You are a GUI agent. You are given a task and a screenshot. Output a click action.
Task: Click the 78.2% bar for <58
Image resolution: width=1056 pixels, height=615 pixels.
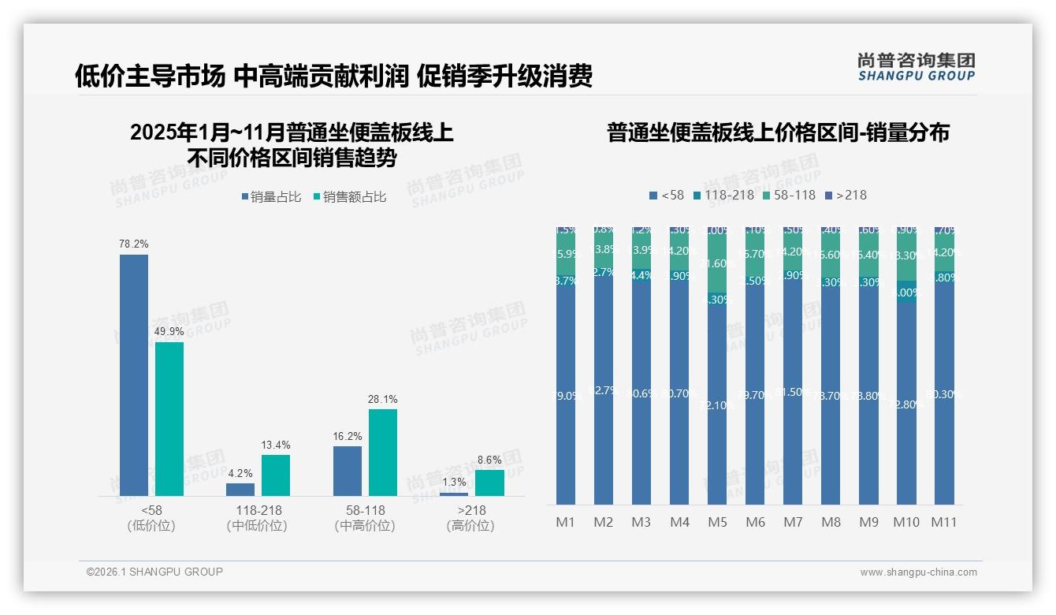coord(134,375)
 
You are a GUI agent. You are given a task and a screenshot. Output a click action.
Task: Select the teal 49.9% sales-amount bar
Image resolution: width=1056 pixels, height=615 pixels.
coord(169,419)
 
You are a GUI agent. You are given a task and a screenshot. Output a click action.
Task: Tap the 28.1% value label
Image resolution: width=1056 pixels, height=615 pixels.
coord(383,400)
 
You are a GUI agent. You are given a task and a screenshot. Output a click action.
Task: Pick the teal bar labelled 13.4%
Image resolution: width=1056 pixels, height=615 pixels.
coord(276,475)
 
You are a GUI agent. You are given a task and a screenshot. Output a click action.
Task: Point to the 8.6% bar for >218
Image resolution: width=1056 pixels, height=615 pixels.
coord(489,483)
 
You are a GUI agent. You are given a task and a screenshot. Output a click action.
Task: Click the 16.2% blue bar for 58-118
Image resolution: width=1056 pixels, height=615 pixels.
coord(348,471)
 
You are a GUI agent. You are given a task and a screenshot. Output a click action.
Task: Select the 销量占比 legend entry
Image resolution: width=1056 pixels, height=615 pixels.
coord(271,197)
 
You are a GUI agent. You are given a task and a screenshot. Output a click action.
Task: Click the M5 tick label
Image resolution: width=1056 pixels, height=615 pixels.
coord(717,522)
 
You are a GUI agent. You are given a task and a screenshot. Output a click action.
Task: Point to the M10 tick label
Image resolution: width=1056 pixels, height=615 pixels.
coord(906,522)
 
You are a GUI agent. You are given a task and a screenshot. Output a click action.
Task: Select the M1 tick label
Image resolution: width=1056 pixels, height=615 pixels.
coord(566,522)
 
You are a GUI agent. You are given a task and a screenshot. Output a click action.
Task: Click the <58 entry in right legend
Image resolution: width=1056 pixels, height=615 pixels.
coord(667,195)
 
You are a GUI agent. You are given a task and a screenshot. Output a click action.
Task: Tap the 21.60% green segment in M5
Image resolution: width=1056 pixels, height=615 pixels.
coord(717,263)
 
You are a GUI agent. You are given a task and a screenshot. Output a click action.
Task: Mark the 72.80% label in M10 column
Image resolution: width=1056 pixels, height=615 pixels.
coord(906,404)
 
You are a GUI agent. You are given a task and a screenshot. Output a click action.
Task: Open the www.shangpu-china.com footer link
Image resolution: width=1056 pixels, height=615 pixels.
coord(918,572)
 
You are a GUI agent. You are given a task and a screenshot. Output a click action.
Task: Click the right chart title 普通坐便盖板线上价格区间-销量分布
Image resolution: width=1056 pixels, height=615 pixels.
coord(778,132)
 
